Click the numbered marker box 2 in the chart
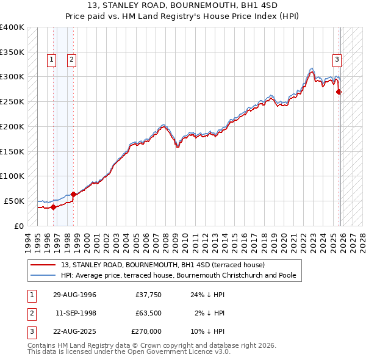tap(71, 60)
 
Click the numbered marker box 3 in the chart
tap(336, 60)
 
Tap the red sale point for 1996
tap(54, 207)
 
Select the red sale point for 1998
tap(74, 194)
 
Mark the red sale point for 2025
tap(339, 92)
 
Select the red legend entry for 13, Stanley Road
tap(162, 265)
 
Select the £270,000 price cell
tap(146, 331)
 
